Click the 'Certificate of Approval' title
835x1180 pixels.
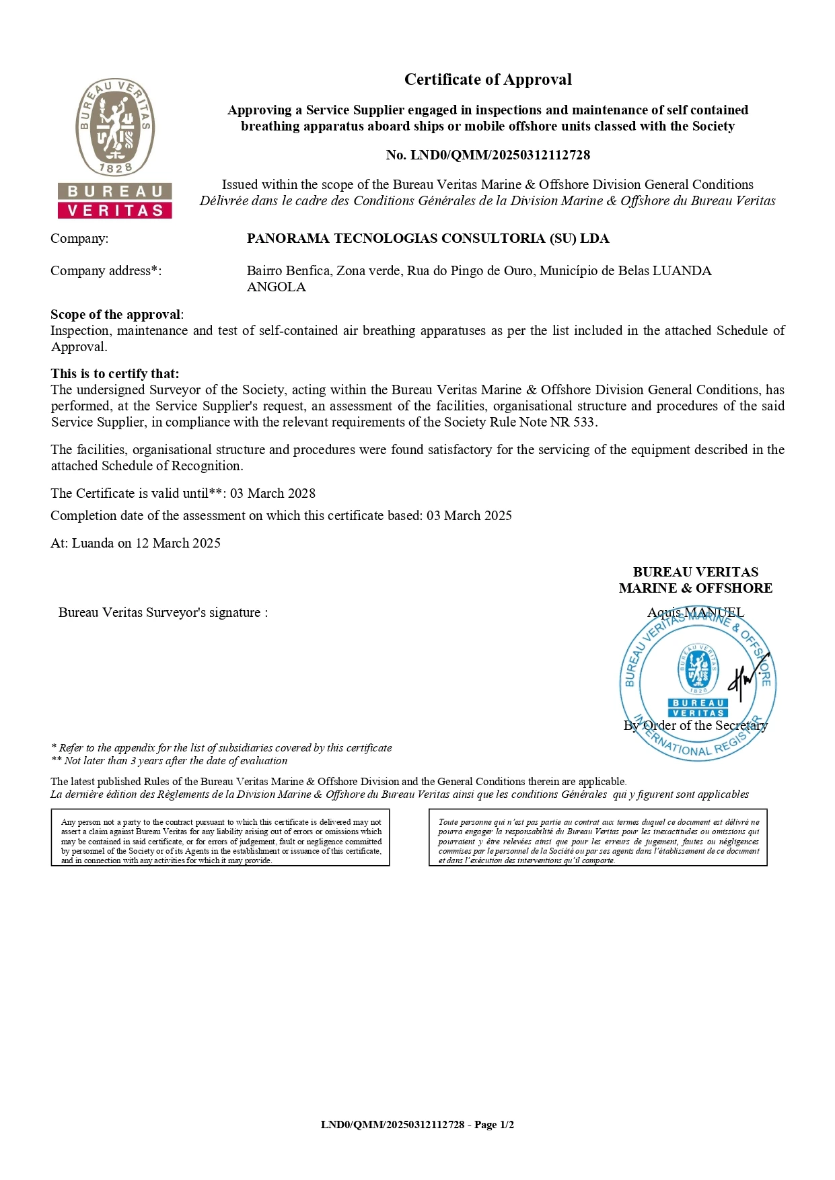[x=488, y=79]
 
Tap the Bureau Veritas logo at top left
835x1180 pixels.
[x=115, y=148]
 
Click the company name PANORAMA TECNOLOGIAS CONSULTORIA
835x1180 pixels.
[x=428, y=238]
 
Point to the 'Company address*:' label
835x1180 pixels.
[x=106, y=270]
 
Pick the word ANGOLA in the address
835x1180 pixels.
[x=276, y=287]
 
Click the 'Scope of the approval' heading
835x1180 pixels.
[x=116, y=314]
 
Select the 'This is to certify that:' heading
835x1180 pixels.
[x=115, y=373]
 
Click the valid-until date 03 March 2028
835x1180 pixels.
[x=273, y=493]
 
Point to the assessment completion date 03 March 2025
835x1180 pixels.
[x=469, y=515]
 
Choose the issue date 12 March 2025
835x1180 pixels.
[x=178, y=543]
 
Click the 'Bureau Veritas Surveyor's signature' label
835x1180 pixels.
[x=163, y=612]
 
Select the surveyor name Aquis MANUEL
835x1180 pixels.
[x=695, y=612]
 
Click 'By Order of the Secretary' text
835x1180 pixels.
[x=695, y=725]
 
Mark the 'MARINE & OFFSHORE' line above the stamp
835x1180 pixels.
[x=695, y=588]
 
